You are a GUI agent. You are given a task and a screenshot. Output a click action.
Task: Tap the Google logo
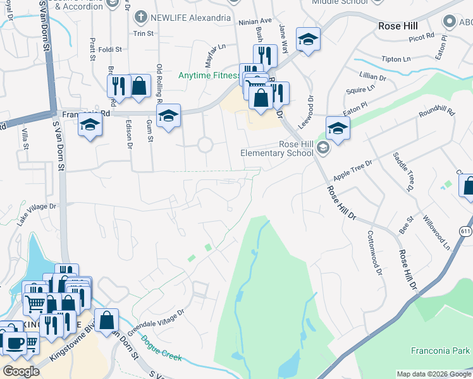21,371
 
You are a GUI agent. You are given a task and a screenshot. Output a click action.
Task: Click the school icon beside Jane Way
309,39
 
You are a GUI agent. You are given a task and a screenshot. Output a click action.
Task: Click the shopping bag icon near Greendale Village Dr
107,320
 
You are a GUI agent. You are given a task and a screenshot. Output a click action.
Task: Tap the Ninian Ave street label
254,21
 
